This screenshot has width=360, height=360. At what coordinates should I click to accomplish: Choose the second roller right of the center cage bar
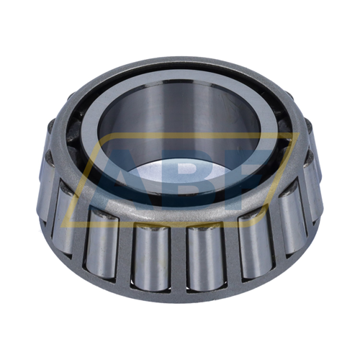pyautogui.click(x=256, y=243)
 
